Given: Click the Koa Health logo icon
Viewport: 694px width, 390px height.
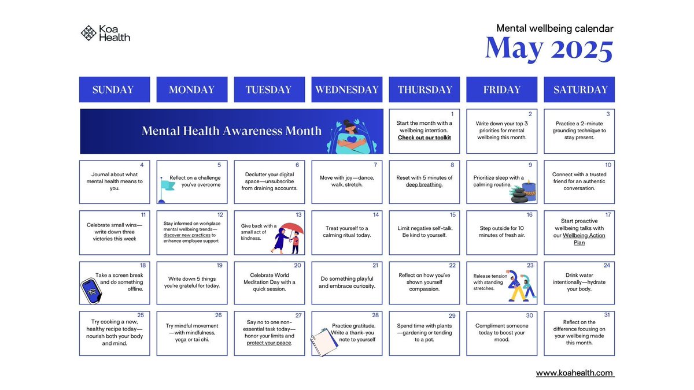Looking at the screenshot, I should click(x=88, y=33).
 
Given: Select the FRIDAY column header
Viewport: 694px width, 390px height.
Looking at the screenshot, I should click(x=502, y=90).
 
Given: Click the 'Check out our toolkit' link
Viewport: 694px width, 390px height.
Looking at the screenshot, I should click(x=424, y=138).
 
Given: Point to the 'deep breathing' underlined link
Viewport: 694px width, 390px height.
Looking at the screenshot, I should click(x=423, y=185).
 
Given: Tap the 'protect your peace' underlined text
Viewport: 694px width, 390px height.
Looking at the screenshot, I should click(x=269, y=343).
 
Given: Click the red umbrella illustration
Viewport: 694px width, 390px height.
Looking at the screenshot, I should click(x=291, y=229).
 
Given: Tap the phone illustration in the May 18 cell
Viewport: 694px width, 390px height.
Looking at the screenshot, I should click(x=90, y=291).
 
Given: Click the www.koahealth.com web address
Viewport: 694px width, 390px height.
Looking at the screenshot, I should click(x=574, y=373).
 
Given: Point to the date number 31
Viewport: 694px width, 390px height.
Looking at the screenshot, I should click(x=607, y=315).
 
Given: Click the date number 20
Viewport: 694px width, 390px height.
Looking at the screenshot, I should click(x=297, y=266).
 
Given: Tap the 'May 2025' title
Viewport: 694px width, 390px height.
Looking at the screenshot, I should click(x=549, y=49).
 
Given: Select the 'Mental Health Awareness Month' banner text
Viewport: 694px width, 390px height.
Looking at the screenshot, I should click(x=231, y=131).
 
